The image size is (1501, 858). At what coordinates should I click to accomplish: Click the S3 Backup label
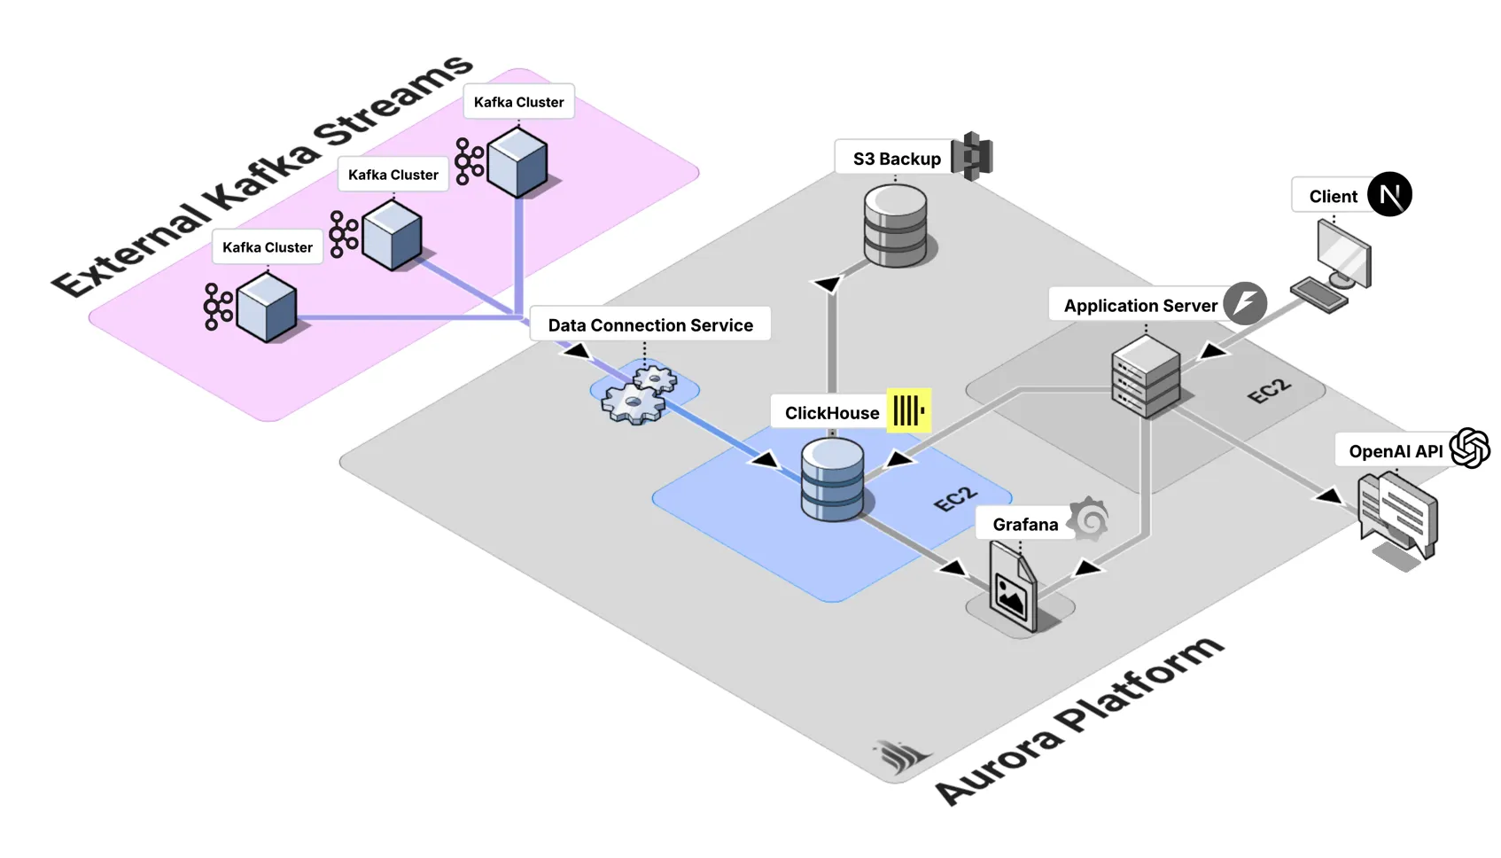896,159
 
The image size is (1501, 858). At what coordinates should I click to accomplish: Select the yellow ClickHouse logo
908,410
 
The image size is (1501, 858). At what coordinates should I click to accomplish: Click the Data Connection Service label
649,325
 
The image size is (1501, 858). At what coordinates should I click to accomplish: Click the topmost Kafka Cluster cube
517,162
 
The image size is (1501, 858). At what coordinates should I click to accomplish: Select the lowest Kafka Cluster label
267,247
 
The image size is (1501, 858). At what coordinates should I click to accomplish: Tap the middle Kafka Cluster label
393,175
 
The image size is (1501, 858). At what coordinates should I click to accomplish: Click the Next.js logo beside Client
1388,194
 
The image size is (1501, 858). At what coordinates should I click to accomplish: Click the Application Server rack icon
1146,377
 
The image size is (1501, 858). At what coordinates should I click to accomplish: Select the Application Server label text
1139,306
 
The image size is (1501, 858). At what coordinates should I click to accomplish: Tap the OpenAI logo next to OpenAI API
1469,448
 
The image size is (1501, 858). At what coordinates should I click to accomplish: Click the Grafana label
1024,525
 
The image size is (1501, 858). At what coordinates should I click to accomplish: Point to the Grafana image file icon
1014,588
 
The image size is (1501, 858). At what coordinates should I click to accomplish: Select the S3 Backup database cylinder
895,226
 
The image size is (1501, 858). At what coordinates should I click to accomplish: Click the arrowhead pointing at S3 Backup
828,284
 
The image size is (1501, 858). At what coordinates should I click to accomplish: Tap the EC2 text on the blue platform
955,499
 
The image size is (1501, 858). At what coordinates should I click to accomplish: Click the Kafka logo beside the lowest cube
216,307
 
